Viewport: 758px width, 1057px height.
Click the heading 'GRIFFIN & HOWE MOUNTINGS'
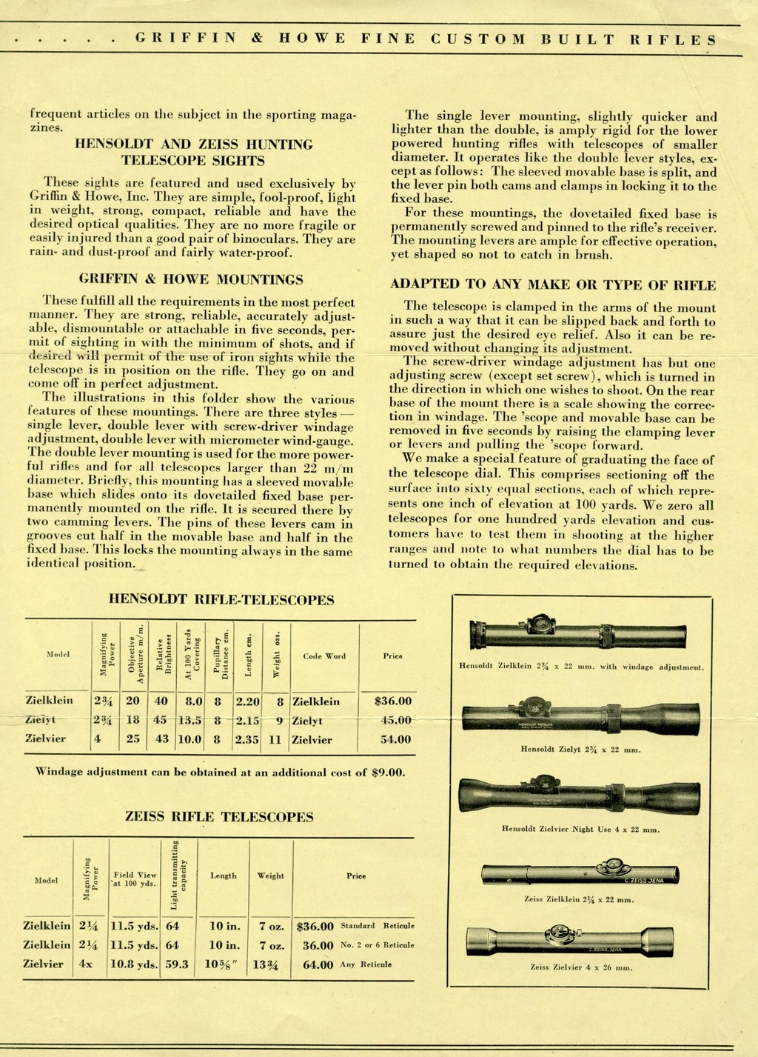coord(190,279)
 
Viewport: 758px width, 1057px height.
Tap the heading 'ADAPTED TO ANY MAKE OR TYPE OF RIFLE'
coord(552,284)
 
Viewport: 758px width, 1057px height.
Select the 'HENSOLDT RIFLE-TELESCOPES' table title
coord(221,600)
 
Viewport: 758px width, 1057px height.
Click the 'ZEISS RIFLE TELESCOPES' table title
coord(219,817)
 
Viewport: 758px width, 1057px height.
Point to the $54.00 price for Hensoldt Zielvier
coord(395,739)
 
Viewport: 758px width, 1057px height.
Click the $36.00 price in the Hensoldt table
coord(393,701)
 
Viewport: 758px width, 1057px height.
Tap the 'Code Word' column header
coord(324,656)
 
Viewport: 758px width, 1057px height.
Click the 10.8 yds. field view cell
coord(134,964)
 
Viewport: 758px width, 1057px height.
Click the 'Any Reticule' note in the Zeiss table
coord(366,964)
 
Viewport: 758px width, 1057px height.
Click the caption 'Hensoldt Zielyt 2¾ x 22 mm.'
coord(580,749)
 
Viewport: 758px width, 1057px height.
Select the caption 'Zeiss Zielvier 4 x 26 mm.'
coord(580,967)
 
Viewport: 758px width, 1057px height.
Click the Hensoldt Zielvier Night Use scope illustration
coord(580,796)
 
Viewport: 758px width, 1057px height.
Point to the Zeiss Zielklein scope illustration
coord(580,874)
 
